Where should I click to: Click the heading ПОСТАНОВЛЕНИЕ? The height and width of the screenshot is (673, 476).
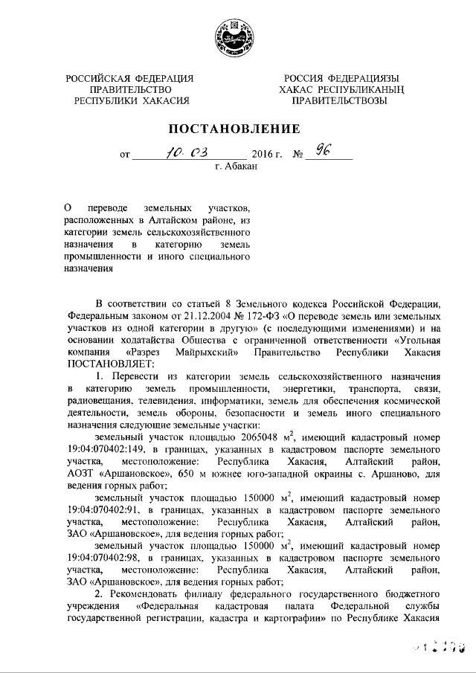[x=237, y=128]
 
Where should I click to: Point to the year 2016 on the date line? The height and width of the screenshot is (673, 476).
[x=263, y=156]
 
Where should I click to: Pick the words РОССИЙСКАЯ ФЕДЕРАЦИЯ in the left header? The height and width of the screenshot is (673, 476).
[x=129, y=78]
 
